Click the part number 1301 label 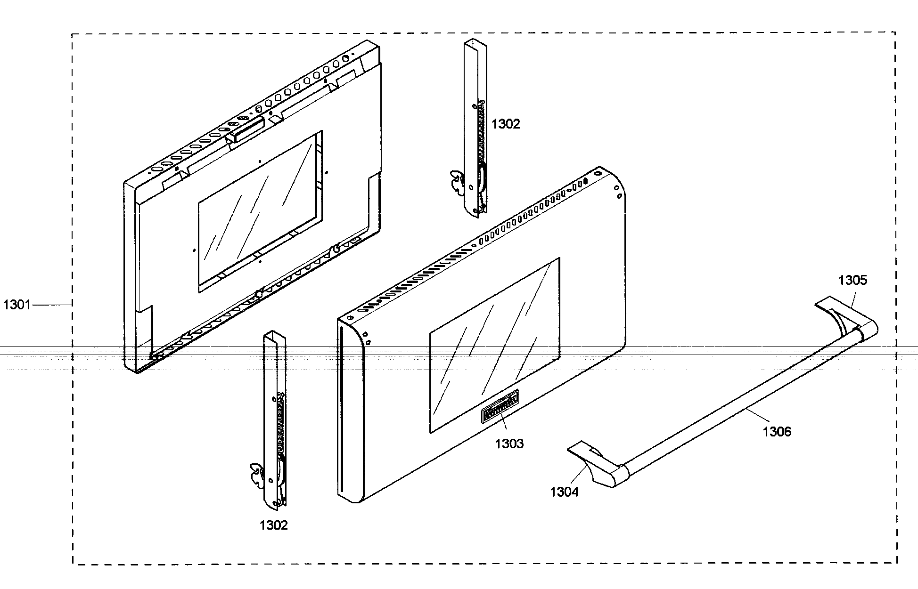click(17, 305)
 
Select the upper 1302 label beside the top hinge click(506, 124)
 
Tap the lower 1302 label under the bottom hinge click(273, 525)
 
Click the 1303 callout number click(509, 444)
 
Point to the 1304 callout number click(564, 492)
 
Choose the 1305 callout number click(852, 280)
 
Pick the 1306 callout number click(777, 431)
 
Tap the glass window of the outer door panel click(495, 344)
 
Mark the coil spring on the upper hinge click(481, 132)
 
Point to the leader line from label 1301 click(52, 305)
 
